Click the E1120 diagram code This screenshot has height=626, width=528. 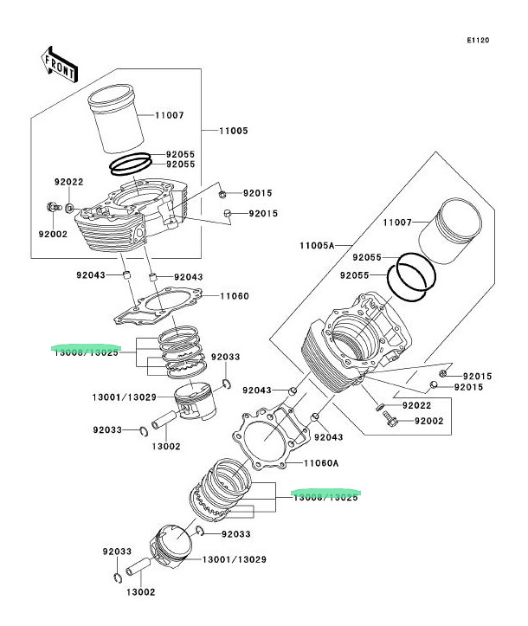tap(478, 41)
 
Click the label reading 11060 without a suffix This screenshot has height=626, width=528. tap(234, 296)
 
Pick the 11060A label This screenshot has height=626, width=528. tap(320, 464)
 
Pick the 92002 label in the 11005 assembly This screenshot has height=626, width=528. tap(52, 234)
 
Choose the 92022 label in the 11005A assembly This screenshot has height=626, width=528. tap(418, 404)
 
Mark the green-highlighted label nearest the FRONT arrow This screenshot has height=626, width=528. tap(86, 352)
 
